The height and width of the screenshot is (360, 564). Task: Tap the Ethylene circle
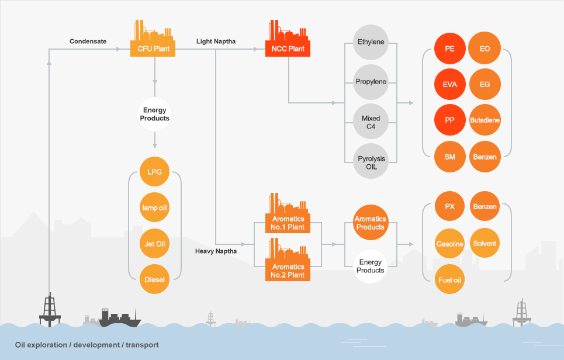pyautogui.click(x=371, y=42)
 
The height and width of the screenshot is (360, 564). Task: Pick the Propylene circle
pyautogui.click(x=371, y=82)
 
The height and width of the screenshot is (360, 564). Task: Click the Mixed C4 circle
pyautogui.click(x=371, y=122)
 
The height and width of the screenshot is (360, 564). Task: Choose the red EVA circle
pyautogui.click(x=449, y=84)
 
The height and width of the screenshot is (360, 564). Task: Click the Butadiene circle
pyautogui.click(x=485, y=120)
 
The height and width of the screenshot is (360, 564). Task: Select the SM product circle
pyautogui.click(x=449, y=157)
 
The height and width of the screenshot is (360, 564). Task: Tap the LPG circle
pyautogui.click(x=154, y=172)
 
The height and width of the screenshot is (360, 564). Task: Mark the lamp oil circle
pyautogui.click(x=154, y=207)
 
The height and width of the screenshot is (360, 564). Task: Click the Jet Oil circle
pyautogui.click(x=154, y=243)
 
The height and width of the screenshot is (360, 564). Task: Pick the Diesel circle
pyautogui.click(x=154, y=279)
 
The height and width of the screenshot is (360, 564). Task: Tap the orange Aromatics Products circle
pyautogui.click(x=370, y=223)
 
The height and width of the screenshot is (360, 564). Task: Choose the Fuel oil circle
pyautogui.click(x=450, y=281)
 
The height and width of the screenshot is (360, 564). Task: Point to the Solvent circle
pyautogui.click(x=485, y=244)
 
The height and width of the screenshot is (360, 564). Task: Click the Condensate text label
pyautogui.click(x=88, y=41)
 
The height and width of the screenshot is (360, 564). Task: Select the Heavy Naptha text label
pyautogui.click(x=216, y=251)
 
